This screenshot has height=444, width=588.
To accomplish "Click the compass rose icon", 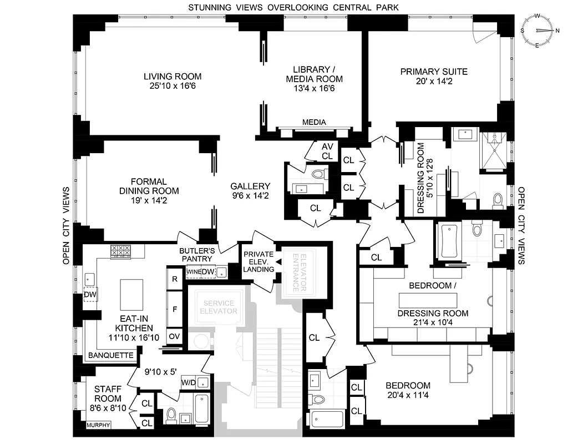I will (537, 31).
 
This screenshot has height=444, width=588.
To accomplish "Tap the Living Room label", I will (173, 77).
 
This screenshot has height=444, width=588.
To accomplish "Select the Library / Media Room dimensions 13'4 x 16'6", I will (314, 88).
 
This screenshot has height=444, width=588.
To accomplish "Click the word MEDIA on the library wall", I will (314, 122).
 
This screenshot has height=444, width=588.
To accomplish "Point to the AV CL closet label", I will (327, 151).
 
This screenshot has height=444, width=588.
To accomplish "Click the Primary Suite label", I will (434, 72).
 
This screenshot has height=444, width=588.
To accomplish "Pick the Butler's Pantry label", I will (196, 254).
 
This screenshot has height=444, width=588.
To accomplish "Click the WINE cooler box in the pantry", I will (193, 271).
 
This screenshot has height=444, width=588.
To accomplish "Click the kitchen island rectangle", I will (132, 296).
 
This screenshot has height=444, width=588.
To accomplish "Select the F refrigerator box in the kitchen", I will (175, 308).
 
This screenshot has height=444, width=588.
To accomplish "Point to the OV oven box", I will (175, 336).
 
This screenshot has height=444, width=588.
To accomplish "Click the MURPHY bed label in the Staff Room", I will (98, 426).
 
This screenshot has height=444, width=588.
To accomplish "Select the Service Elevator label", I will (219, 307).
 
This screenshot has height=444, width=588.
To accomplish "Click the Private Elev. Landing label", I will (258, 262).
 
